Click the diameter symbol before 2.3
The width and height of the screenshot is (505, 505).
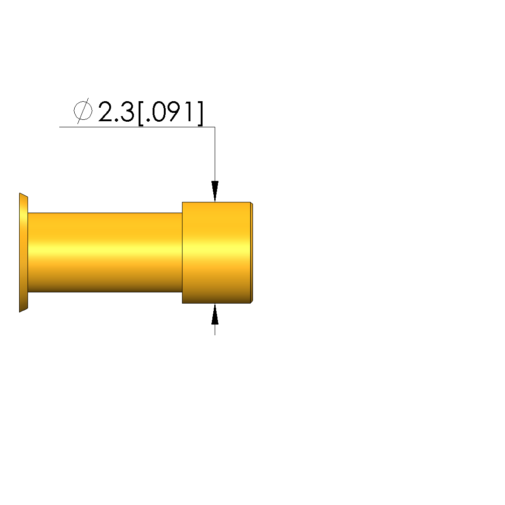tap(83, 111)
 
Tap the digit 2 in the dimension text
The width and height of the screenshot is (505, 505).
tap(105, 111)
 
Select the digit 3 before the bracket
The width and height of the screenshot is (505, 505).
tap(127, 111)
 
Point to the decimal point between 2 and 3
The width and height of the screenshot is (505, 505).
tap(116, 120)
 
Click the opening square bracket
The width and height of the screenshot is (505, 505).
tap(140, 113)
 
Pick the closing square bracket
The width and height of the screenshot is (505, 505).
tap(200, 113)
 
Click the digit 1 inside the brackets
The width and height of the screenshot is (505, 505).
tap(191, 111)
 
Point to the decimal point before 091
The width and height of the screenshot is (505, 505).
tap(147, 120)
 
